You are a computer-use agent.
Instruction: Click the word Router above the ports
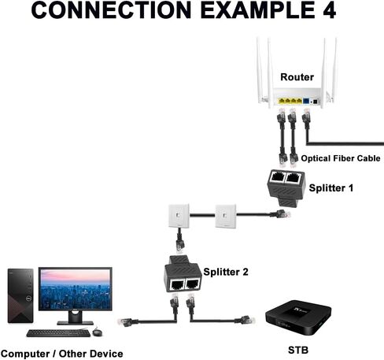coord(297,77)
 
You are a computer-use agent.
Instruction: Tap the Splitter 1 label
coord(331,188)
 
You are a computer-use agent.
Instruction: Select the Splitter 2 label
coord(226,272)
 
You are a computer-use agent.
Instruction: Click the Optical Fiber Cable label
coord(341,158)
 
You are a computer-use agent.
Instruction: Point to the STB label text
coord(298,351)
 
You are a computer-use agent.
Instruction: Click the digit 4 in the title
coord(329,9)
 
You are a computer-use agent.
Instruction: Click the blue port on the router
coord(306,101)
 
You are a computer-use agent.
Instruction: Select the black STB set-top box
coord(298,318)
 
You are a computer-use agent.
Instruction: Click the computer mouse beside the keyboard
coord(97,332)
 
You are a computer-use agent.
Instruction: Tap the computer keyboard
coord(58,333)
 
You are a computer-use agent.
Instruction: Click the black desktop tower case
coord(20,295)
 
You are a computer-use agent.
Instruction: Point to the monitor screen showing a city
coord(76,289)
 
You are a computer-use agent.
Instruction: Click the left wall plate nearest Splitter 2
coord(179,216)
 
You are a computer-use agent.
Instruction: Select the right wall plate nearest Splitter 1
coord(226,217)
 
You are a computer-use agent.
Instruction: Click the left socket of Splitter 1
coord(277,177)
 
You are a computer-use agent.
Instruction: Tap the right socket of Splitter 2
coord(193,284)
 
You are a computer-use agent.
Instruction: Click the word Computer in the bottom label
coord(26,354)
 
